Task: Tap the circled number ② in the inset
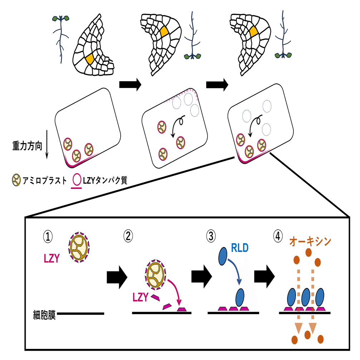[x=128, y=236]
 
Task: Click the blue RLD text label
[x=240, y=247]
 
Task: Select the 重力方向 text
[x=27, y=146]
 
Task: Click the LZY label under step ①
[x=52, y=259]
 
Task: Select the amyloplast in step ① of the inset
[x=79, y=247]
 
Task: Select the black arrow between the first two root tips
[x=130, y=84]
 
